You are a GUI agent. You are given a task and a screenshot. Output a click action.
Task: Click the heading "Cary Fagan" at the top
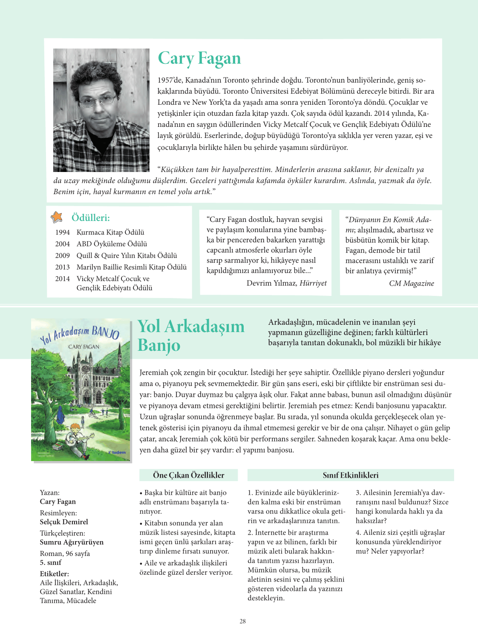click(199, 59)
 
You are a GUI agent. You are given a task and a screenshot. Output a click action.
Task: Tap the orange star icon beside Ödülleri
click(57, 217)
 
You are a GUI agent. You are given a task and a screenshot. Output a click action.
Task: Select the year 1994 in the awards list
click(62, 232)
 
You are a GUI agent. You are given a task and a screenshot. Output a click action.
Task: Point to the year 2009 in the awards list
click(62, 255)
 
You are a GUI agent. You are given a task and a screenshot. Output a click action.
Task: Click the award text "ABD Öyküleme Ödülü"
click(112, 244)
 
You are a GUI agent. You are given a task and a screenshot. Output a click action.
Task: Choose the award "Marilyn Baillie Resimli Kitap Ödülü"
click(131, 267)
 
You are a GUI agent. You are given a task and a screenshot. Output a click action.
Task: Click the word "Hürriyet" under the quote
click(313, 283)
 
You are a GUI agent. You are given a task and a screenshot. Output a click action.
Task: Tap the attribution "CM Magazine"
click(411, 284)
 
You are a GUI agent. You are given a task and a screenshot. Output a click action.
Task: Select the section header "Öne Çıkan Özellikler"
click(188, 475)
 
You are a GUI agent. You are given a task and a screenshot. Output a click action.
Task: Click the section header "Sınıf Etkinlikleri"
click(350, 475)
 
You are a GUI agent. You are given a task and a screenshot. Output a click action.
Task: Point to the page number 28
click(242, 621)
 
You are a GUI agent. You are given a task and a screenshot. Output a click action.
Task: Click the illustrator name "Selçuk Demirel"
click(64, 522)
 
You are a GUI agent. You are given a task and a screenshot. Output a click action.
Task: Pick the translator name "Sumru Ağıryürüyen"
click(72, 542)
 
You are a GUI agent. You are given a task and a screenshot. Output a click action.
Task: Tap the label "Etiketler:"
click(54, 574)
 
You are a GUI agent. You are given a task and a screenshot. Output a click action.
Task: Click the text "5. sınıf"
click(50, 562)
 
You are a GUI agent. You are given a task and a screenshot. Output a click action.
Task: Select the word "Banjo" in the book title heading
click(159, 345)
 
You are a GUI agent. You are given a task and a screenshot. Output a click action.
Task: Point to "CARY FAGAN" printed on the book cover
click(84, 347)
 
